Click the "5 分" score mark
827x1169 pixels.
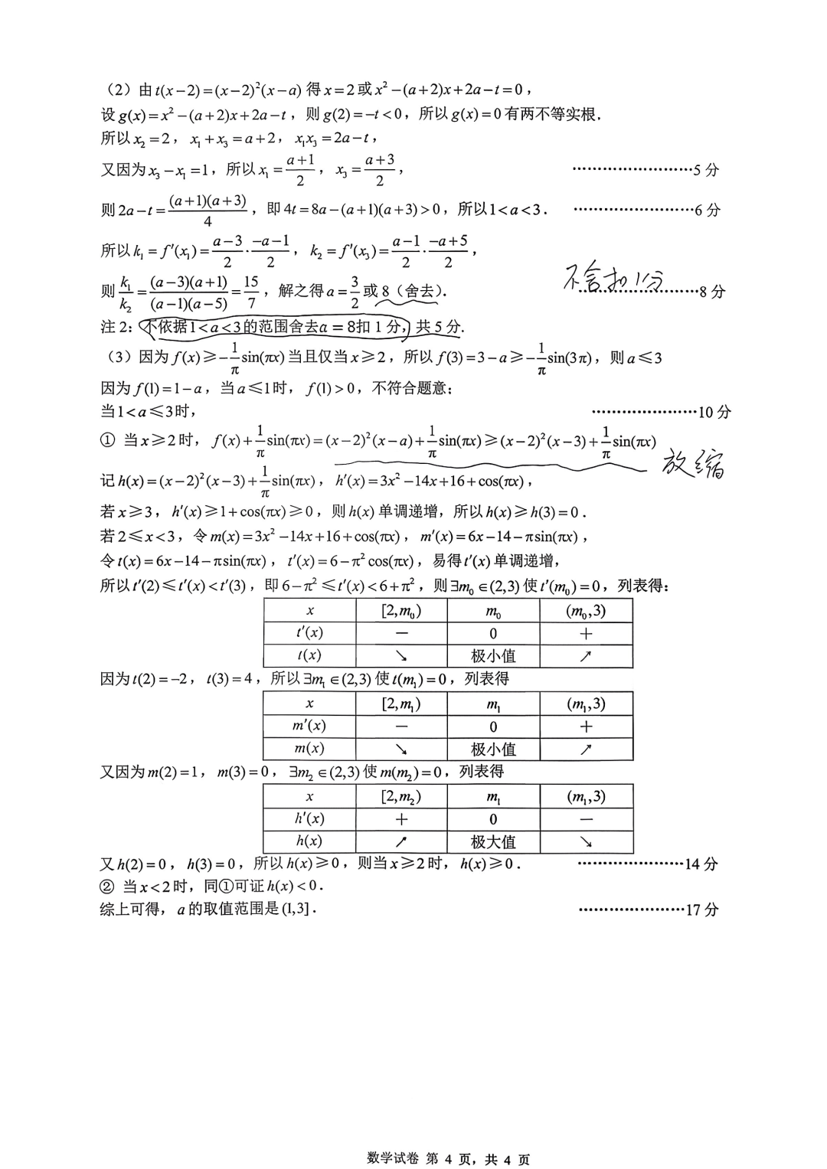click(705, 171)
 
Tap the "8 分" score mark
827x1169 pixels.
click(712, 292)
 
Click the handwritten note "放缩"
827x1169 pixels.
click(693, 465)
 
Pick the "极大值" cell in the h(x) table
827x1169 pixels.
click(493, 842)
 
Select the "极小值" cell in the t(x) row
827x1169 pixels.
click(493, 656)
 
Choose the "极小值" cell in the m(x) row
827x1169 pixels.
click(493, 749)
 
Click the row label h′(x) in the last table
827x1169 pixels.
click(309, 818)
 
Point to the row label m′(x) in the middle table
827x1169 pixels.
click(309, 726)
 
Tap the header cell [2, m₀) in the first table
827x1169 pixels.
click(401, 611)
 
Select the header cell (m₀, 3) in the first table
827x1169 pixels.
click(586, 611)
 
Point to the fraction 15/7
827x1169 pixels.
click(251, 292)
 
